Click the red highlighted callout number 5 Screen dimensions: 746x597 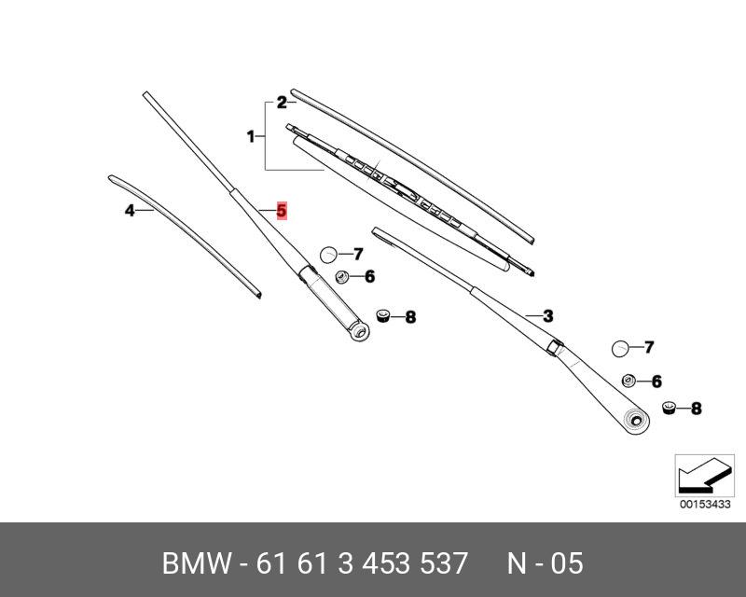[x=282, y=211]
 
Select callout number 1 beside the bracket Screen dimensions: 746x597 [x=251, y=137]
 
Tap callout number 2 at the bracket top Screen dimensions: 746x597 [x=281, y=104]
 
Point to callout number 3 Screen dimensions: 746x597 [x=548, y=315]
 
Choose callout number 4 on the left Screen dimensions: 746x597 [x=131, y=211]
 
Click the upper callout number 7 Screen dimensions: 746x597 [x=357, y=254]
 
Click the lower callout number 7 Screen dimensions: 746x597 [x=649, y=348]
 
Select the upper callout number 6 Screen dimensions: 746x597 [x=369, y=276]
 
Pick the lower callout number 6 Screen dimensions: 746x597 [x=656, y=382]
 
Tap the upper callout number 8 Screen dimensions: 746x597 [x=409, y=318]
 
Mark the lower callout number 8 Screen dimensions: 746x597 [x=696, y=409]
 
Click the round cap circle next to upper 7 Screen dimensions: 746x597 [x=328, y=254]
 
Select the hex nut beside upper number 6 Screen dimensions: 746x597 [x=342, y=276]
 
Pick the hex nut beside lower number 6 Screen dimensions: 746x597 [x=629, y=381]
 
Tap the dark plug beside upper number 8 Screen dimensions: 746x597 [x=382, y=315]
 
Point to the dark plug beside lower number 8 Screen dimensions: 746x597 [x=669, y=407]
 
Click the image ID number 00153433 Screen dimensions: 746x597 [x=699, y=505]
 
